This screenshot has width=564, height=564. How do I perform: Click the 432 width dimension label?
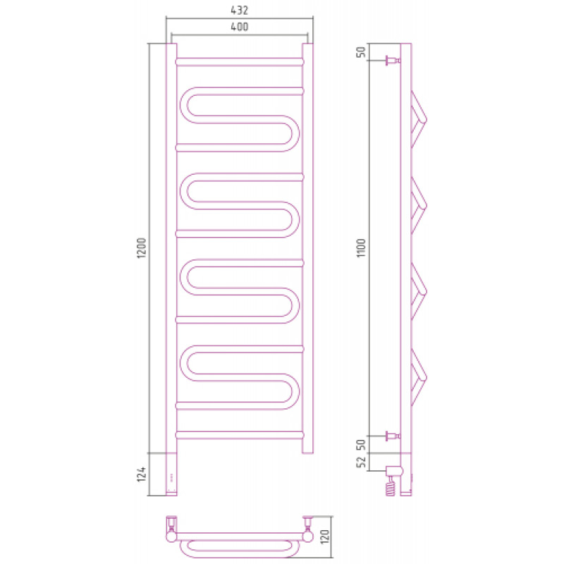click(240, 10)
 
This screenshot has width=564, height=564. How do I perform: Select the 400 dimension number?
click(240, 27)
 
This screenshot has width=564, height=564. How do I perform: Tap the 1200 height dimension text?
click(142, 248)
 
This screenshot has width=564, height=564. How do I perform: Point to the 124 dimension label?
click(142, 474)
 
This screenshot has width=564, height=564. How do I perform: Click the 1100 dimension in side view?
click(361, 248)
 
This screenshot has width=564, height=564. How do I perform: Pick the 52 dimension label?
click(361, 462)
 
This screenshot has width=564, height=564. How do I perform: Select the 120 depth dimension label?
click(325, 537)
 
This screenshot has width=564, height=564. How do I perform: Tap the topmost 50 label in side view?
click(361, 51)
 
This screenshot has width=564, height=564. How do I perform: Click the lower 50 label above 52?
click(361, 445)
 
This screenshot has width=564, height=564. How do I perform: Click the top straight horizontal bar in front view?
click(240, 62)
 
